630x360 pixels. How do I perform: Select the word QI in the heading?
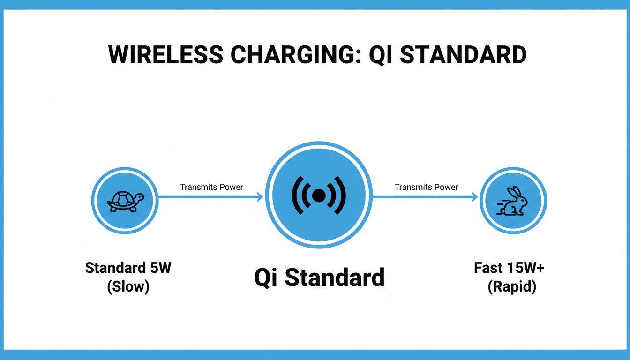click(x=382, y=55)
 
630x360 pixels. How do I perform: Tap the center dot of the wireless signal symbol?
click(x=319, y=195)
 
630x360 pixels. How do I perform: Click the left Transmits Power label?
click(x=211, y=187)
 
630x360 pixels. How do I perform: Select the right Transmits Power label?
click(x=426, y=187)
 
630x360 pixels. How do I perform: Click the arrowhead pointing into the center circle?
click(x=260, y=197)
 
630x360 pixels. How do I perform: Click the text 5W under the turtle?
click(x=161, y=269)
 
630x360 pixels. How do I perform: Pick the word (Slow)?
click(x=128, y=286)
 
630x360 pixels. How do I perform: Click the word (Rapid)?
click(x=512, y=286)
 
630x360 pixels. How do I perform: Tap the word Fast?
click(x=488, y=268)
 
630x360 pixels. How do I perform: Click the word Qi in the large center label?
click(x=266, y=277)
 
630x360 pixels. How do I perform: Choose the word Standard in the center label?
click(x=335, y=277)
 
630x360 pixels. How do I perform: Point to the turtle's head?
click(x=139, y=197)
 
